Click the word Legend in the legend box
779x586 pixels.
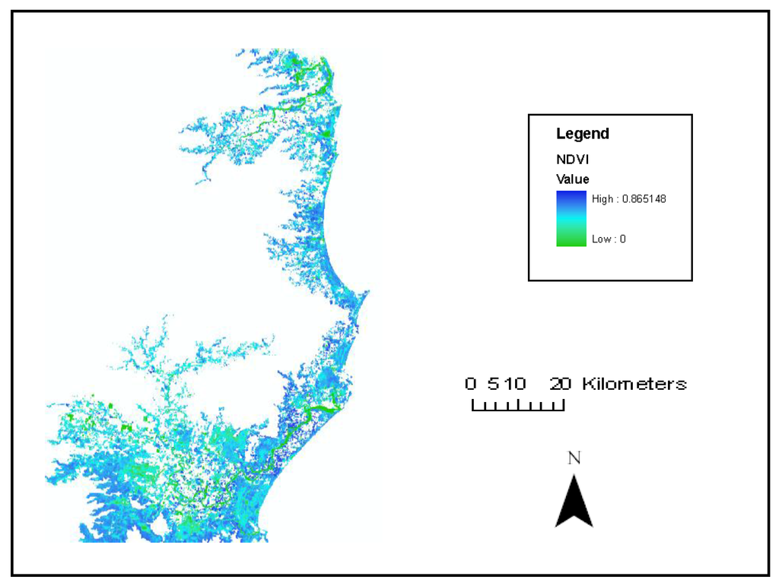582,134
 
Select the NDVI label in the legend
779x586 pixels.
569,160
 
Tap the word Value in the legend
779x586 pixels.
572,179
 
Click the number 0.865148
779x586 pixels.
645,198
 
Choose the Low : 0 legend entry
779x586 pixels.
609,239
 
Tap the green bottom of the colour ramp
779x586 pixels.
571,242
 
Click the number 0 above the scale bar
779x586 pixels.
471,384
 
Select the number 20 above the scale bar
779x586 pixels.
561,384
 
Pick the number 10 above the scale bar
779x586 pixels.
514,384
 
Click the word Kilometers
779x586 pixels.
634,384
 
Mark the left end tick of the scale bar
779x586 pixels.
473,405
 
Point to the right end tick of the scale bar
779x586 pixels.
564,405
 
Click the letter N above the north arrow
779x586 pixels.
574,458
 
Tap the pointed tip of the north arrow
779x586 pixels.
574,475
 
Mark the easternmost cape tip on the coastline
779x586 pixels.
368,292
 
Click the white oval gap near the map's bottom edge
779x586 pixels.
158,527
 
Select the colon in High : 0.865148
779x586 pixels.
616,199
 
